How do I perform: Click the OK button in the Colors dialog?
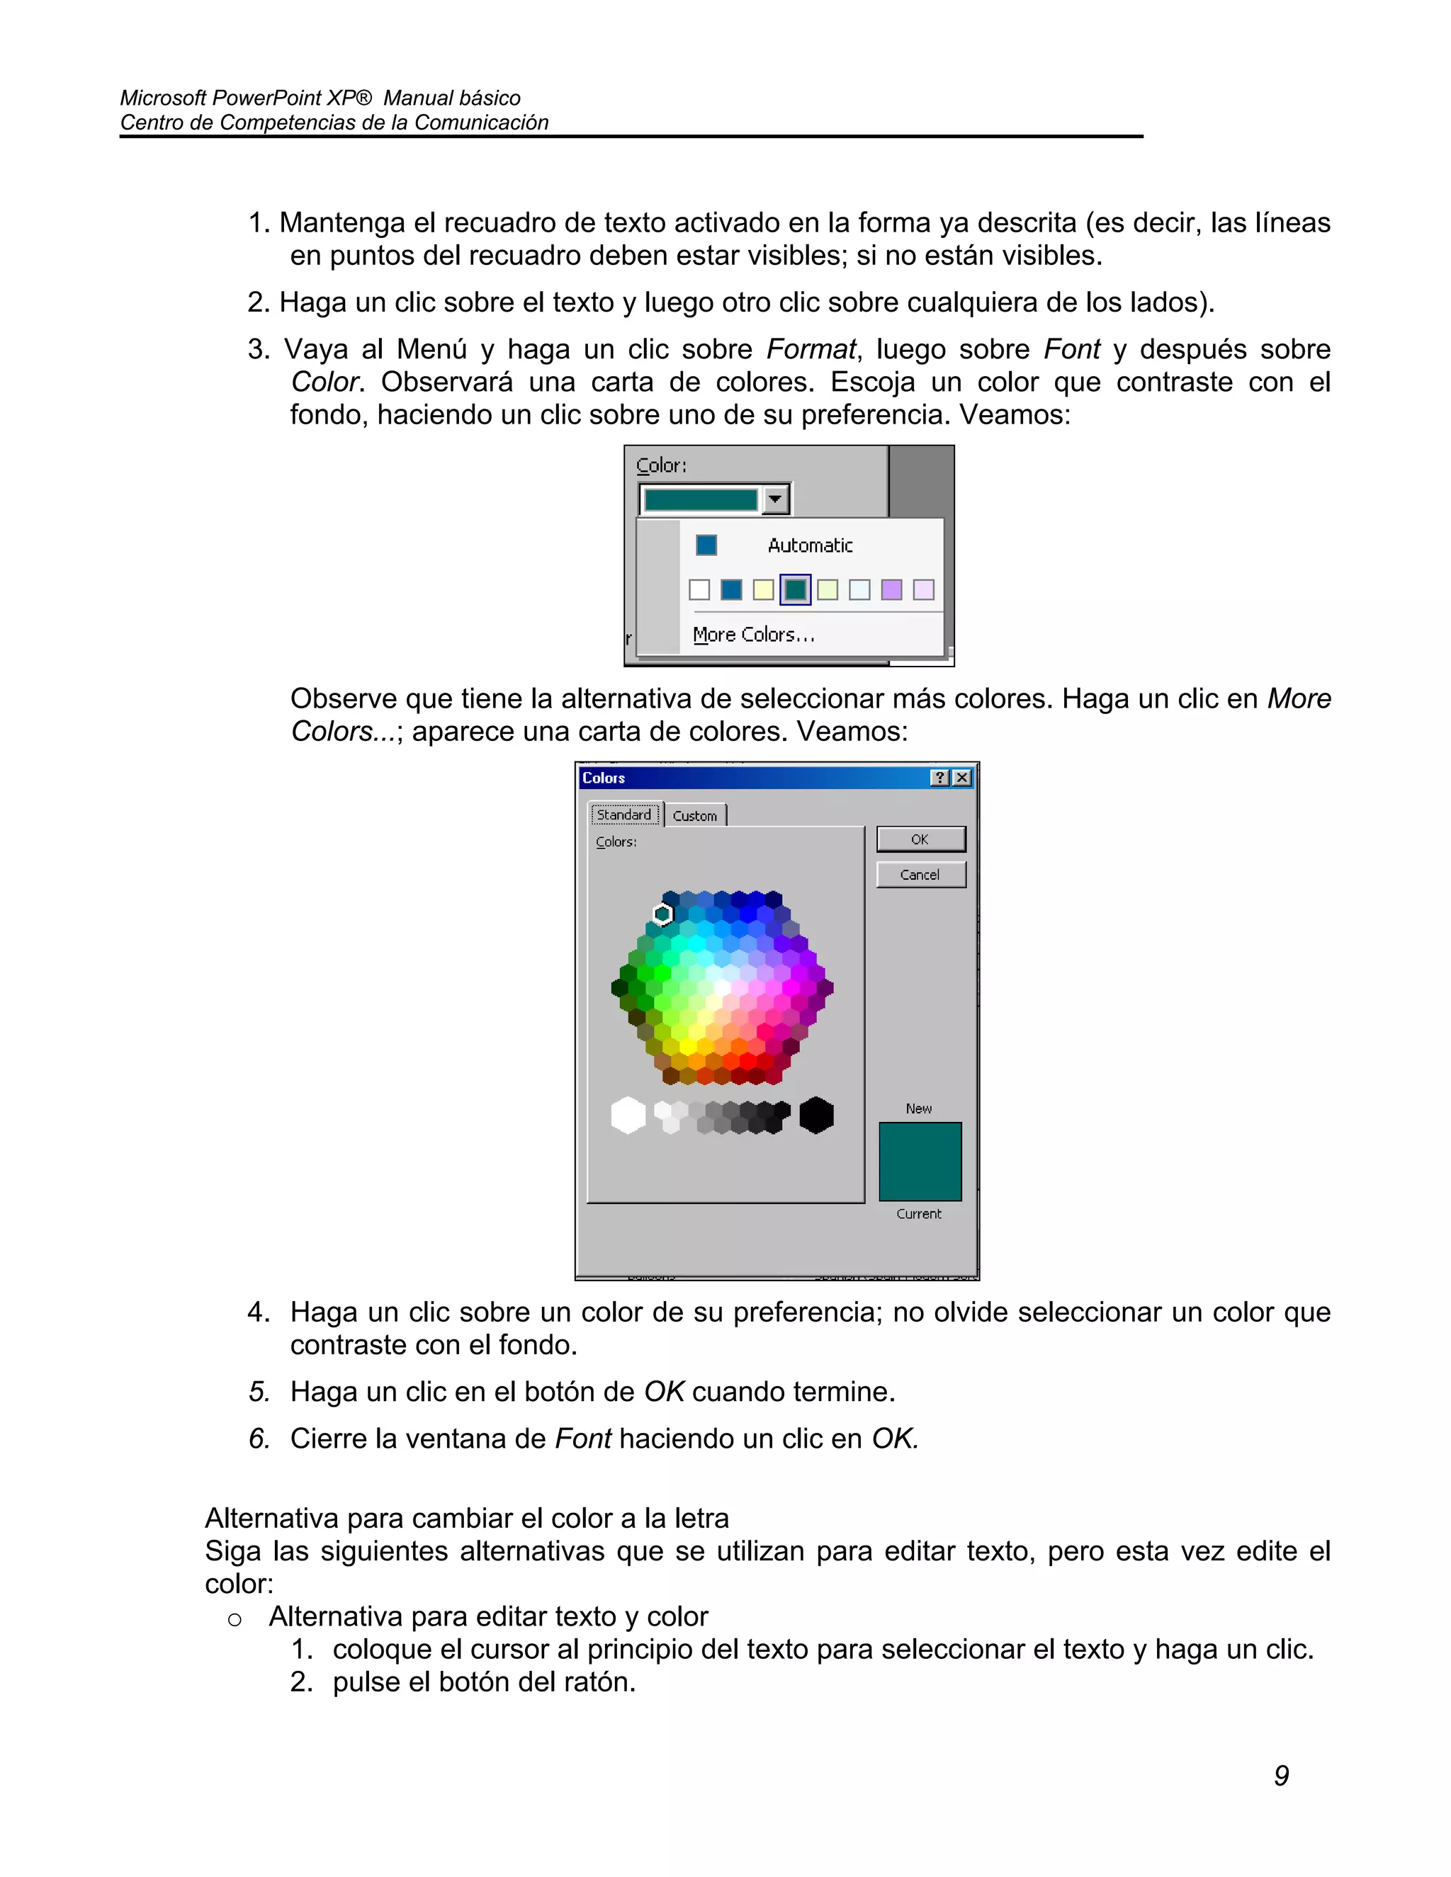tap(920, 839)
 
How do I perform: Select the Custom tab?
tap(694, 815)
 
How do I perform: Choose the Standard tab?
tap(625, 815)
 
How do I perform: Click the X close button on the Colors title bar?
tap(963, 778)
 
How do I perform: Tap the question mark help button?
tap(940, 778)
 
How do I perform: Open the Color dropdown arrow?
tap(775, 499)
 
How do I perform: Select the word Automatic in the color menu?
tap(810, 545)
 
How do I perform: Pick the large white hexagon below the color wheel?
tap(628, 1116)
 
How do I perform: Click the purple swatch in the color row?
tap(891, 589)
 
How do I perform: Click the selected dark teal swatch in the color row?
tap(795, 589)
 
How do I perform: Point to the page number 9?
tap(1281, 1776)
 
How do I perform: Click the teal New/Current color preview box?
tap(920, 1161)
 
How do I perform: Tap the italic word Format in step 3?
tap(811, 350)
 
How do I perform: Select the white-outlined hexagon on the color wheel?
tap(662, 914)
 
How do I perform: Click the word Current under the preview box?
tap(919, 1214)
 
